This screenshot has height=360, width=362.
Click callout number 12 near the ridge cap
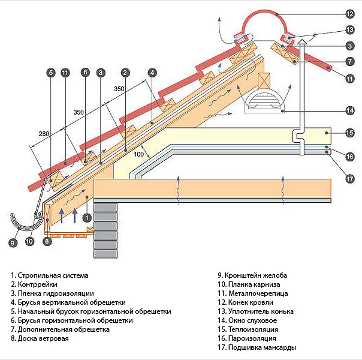click(351, 13)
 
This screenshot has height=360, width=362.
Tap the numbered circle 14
click(351, 110)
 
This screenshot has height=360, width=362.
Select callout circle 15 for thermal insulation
click(351, 133)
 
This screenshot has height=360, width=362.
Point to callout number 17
click(351, 178)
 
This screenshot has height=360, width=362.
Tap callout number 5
click(50, 73)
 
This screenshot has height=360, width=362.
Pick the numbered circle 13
click(351, 29)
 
